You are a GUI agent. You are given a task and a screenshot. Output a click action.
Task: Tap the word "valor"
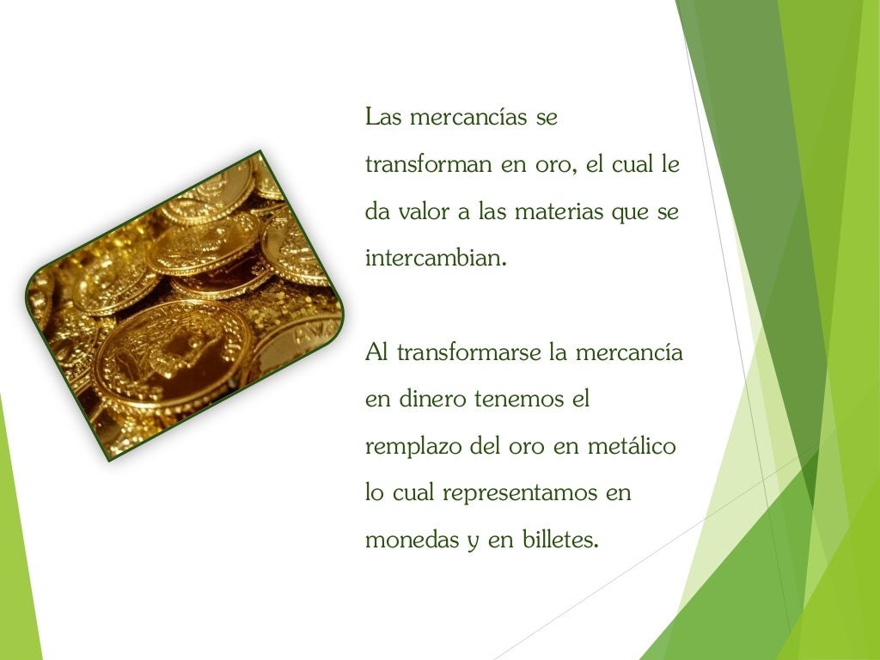click(x=428, y=211)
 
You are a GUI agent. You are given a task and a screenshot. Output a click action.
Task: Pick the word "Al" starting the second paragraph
click(x=376, y=352)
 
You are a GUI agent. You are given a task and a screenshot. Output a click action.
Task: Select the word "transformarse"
click(x=467, y=352)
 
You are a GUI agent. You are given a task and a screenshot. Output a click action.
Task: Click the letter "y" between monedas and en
click(x=472, y=543)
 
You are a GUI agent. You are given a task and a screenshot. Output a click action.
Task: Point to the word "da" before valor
click(x=376, y=211)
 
